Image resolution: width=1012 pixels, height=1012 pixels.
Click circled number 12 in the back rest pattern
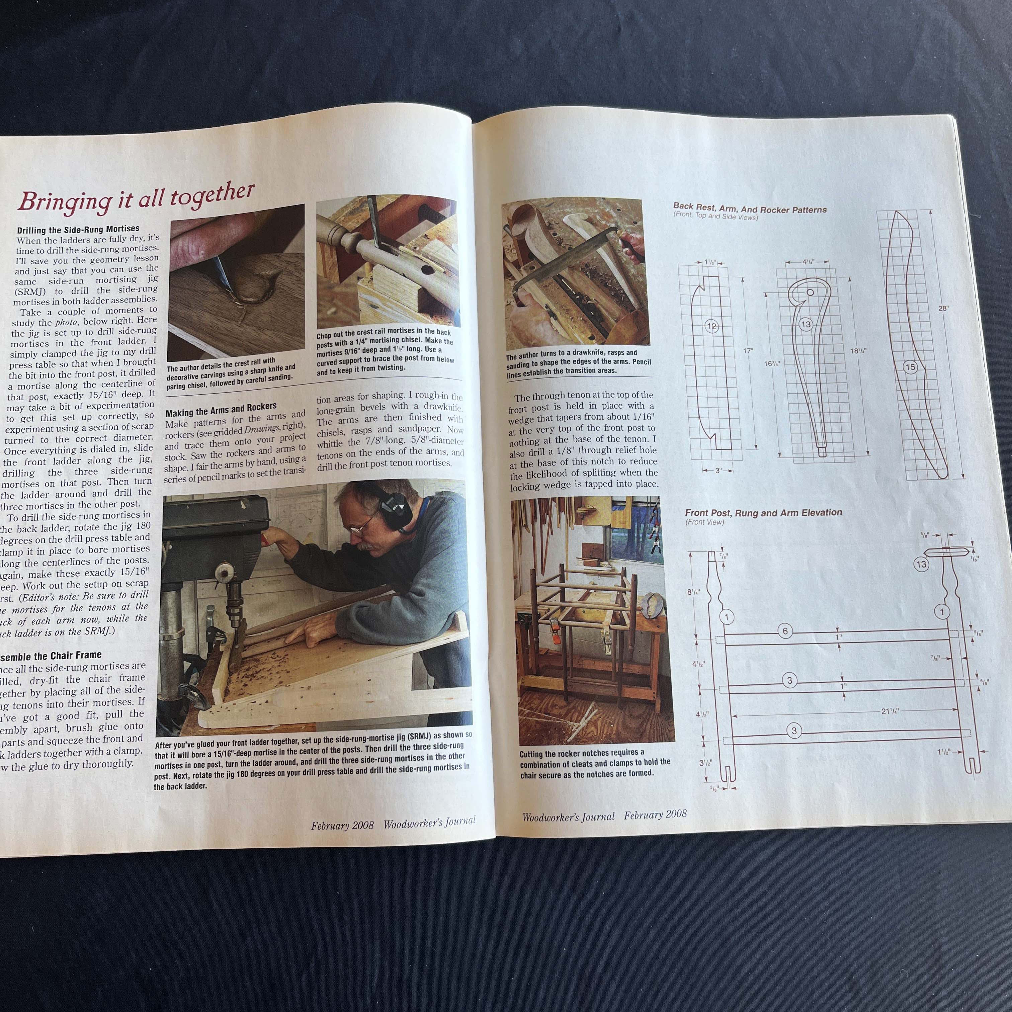pos(711,326)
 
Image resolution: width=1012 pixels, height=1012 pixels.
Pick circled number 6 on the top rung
pos(785,631)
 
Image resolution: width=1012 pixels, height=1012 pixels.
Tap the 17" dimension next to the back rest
pos(748,350)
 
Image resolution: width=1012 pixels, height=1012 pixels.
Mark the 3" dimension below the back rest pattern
pos(718,471)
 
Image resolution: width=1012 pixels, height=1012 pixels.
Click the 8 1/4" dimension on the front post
pos(693,592)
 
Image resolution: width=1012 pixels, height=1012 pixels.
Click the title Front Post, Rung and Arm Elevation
pos(763,513)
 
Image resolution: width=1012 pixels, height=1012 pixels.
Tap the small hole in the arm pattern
pos(810,292)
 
